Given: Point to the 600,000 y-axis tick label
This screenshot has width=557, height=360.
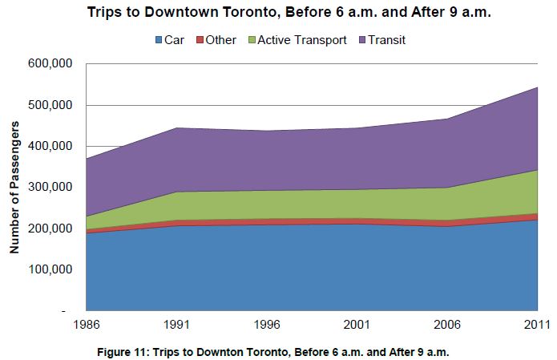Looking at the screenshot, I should (x=50, y=64).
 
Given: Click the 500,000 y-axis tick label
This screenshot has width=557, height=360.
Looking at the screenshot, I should (x=50, y=105).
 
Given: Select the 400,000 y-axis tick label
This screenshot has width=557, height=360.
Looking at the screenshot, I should (x=50, y=147).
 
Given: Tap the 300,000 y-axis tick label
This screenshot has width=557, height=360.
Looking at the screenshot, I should (x=50, y=188).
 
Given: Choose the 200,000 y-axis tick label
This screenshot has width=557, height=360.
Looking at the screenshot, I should (x=50, y=229).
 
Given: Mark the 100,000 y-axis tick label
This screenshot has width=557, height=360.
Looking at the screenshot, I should (x=50, y=269).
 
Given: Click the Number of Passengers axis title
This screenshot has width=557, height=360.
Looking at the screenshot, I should (x=14, y=188).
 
